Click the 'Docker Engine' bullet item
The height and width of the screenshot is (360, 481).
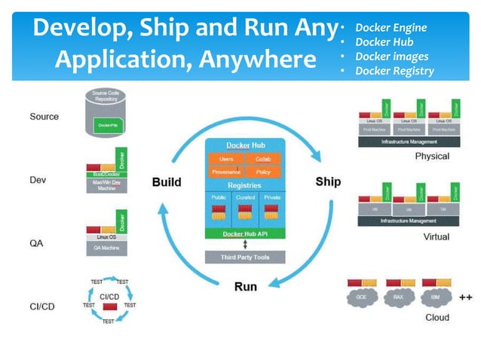coord(391,28)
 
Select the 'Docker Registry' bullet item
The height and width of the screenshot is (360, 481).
coord(394,71)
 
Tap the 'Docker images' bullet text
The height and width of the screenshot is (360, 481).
coord(391,56)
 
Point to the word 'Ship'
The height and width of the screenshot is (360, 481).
coord(328,182)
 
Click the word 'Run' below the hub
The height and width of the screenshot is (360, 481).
coord(246,286)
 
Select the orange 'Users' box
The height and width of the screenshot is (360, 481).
coord(225,160)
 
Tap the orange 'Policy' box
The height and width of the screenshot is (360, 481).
coord(263,172)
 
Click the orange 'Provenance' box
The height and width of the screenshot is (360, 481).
coord(225,172)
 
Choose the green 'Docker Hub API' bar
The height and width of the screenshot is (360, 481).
coord(244,234)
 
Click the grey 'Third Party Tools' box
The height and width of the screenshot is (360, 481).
coord(244,258)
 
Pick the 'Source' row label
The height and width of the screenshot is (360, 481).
coord(44,117)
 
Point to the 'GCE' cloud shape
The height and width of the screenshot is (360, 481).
coord(362,297)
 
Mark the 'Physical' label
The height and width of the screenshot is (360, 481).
coord(431,156)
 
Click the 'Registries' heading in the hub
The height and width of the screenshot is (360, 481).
coord(244,185)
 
